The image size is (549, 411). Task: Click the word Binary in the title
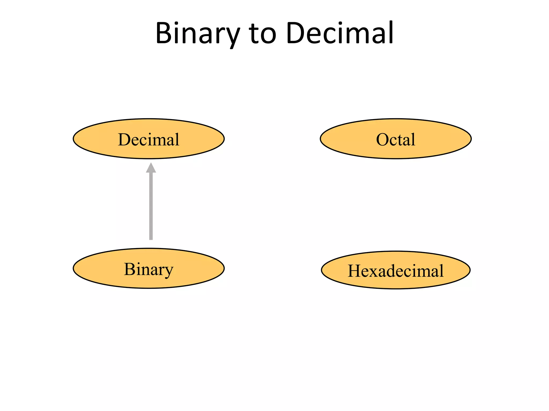click(197, 33)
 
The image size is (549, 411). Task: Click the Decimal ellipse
click(149, 139)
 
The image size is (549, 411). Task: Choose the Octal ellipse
click(396, 139)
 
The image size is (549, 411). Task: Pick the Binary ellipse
click(149, 268)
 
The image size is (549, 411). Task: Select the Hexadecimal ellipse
click(396, 270)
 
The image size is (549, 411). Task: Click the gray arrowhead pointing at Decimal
click(151, 168)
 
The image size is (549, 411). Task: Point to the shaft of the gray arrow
click(151, 206)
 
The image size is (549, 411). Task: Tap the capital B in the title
click(164, 33)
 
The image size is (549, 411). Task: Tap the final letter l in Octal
click(413, 139)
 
